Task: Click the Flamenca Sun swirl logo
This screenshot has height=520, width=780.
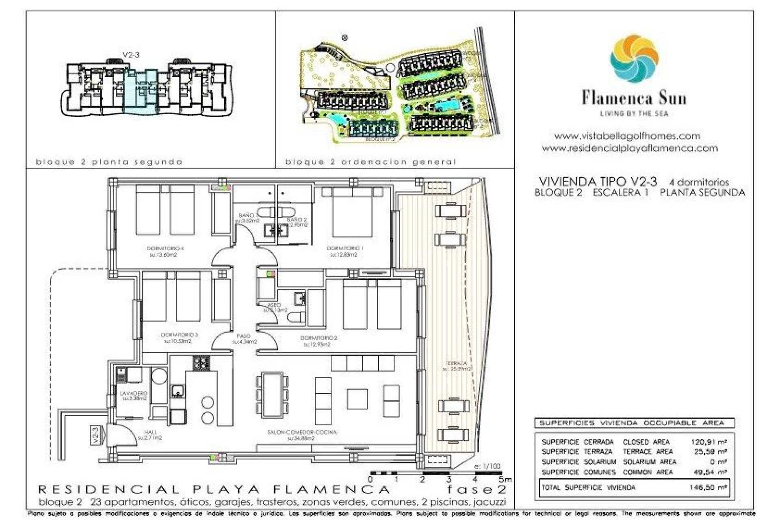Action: pos(634,59)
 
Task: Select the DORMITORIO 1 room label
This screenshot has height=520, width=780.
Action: pos(345,248)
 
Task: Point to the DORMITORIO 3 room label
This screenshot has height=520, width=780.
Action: pos(179,335)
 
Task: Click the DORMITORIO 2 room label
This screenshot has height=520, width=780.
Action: pos(319,338)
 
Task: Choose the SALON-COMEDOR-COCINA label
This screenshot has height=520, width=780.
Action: pos(302,432)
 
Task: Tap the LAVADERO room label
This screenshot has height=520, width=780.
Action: pos(134,393)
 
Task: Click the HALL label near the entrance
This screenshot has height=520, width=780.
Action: pos(150,432)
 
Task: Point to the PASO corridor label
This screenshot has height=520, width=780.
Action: pos(244,336)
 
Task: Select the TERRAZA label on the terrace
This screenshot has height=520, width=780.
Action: pos(456,363)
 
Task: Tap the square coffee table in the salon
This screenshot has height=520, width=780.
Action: pos(357,399)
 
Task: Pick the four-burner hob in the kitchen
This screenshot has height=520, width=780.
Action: pos(201,362)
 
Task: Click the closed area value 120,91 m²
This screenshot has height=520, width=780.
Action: pos(709,442)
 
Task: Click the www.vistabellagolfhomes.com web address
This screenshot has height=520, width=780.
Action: pos(627,136)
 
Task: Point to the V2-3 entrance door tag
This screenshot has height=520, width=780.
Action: pos(95,435)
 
